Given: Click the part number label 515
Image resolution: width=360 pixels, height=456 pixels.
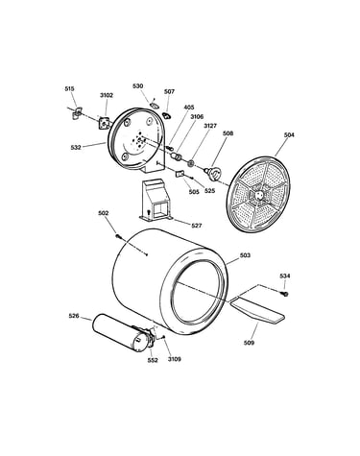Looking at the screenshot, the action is click(69, 88).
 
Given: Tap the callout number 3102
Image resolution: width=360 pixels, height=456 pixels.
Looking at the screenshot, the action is click(107, 95).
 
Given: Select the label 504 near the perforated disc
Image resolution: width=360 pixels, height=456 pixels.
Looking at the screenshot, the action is click(289, 135).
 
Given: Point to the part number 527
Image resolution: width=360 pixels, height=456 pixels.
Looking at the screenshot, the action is click(197, 226).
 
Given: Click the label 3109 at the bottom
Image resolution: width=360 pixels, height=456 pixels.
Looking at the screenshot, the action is click(175, 359).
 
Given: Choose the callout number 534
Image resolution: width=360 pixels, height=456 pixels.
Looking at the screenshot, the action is click(285, 276).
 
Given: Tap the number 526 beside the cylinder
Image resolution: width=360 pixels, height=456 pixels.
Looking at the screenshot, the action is click(74, 316).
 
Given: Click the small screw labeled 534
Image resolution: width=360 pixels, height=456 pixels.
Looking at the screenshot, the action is click(284, 294).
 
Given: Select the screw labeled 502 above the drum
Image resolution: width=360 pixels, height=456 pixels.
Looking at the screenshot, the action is click(119, 236).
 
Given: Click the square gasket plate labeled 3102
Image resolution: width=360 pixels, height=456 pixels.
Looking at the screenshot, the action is click(104, 123).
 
